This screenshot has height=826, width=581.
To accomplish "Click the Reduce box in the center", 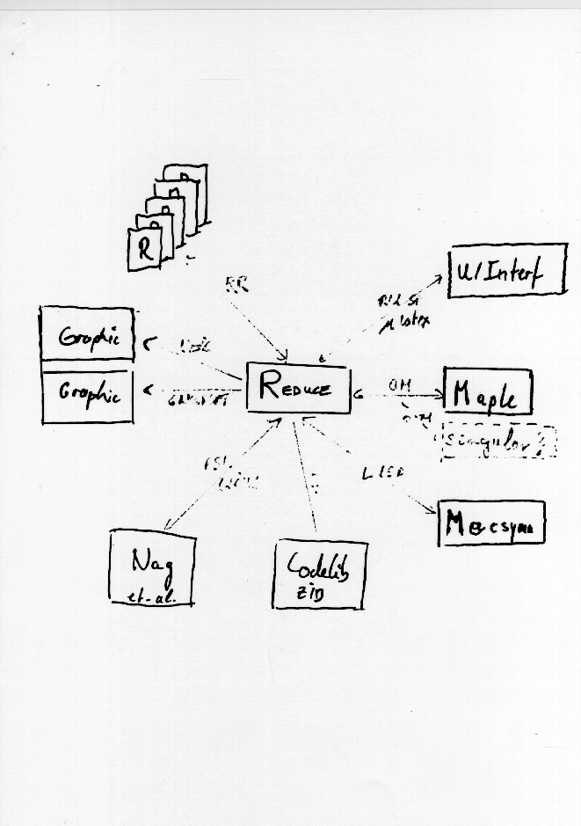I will [297, 387].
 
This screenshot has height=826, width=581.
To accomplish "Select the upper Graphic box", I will [87, 335].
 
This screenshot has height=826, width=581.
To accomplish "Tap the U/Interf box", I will [506, 271].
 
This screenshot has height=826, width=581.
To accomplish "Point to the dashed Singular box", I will [497, 442].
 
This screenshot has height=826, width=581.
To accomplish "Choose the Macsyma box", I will [491, 523].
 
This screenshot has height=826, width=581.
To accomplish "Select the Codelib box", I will [320, 574].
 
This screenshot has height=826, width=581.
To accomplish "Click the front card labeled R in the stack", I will [145, 249].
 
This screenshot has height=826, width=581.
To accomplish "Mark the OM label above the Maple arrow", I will [397, 384].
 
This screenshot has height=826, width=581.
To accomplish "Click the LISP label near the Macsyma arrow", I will [383, 473].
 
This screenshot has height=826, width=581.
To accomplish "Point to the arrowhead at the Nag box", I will [169, 527].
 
